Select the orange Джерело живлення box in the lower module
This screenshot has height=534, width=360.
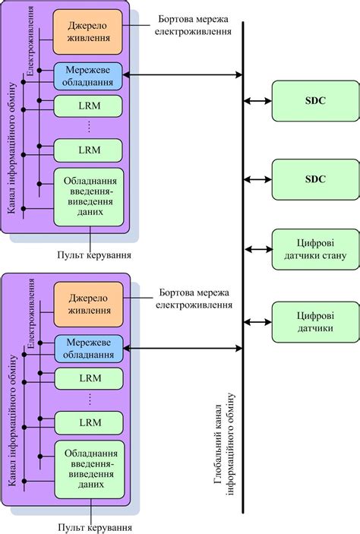(x=88, y=304)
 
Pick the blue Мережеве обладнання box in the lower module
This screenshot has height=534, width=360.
(x=88, y=349)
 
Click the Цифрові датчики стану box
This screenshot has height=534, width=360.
(x=313, y=248)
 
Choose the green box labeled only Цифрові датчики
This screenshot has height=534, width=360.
(x=313, y=321)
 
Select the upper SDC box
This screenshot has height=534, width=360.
(x=313, y=100)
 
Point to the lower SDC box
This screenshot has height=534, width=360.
(x=313, y=179)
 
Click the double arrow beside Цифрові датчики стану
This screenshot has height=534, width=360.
(x=258, y=248)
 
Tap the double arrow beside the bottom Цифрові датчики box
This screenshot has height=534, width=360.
(x=258, y=321)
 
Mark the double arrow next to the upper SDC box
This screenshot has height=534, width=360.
(x=258, y=100)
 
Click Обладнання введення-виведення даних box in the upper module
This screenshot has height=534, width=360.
(x=88, y=197)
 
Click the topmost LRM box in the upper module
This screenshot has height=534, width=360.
(x=88, y=106)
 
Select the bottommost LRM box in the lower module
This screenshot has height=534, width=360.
(x=88, y=422)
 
